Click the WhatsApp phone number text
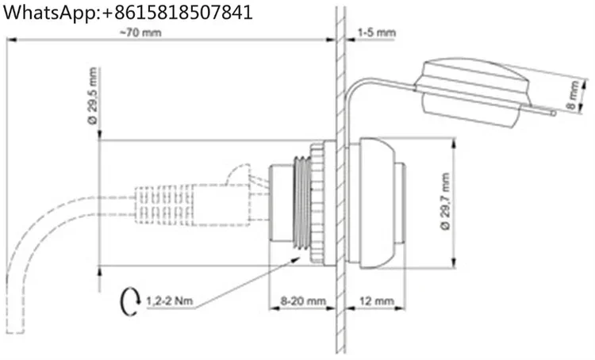[128, 12]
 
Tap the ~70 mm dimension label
[140, 33]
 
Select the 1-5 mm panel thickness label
[376, 33]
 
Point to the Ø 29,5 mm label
[93, 96]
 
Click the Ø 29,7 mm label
[445, 201]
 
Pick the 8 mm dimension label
[574, 95]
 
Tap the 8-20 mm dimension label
[303, 301]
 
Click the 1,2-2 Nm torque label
[170, 301]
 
